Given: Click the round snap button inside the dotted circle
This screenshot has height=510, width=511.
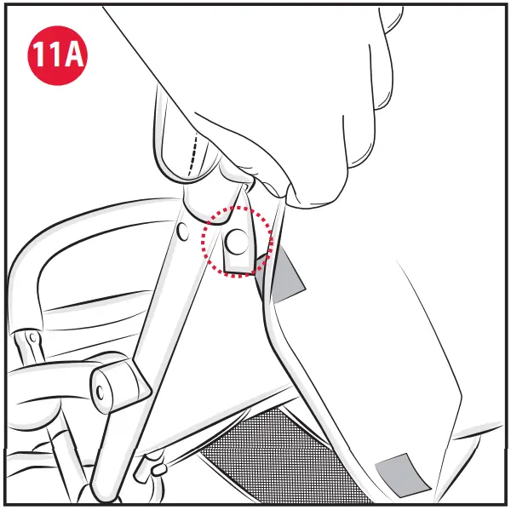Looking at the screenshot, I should click(x=238, y=244).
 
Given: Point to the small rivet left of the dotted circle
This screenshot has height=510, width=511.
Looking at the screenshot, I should click(x=183, y=230).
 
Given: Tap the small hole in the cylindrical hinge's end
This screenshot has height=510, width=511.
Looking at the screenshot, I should click(x=100, y=390).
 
